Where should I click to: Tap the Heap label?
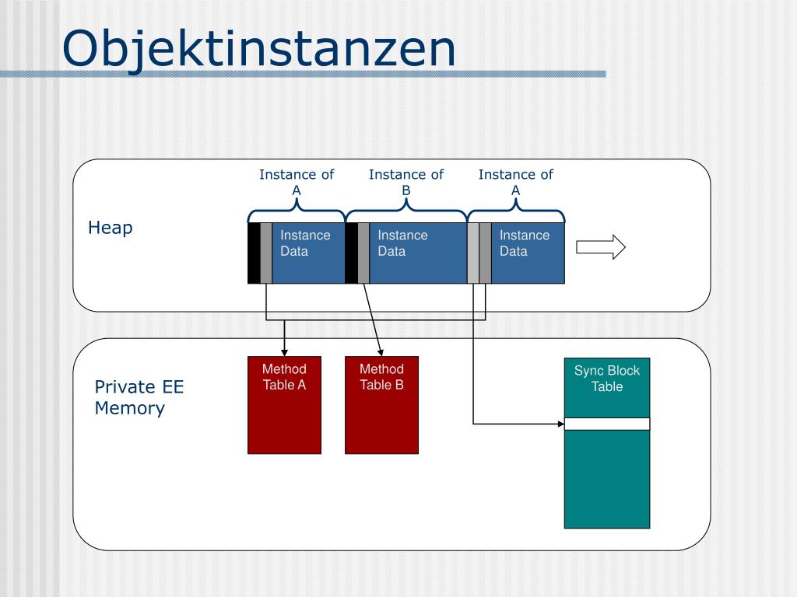[x=110, y=228]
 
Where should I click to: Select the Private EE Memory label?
[x=139, y=398]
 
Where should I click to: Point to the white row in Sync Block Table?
[x=607, y=424]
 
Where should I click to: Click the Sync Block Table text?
[x=607, y=379]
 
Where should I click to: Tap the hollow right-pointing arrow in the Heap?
[x=600, y=247]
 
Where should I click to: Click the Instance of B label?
[x=406, y=183]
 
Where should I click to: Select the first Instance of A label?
[x=297, y=183]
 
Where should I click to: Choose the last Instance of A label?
[x=515, y=183]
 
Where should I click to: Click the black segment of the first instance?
[x=254, y=253]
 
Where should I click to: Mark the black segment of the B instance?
[x=351, y=253]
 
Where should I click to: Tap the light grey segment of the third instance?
[x=473, y=253]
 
